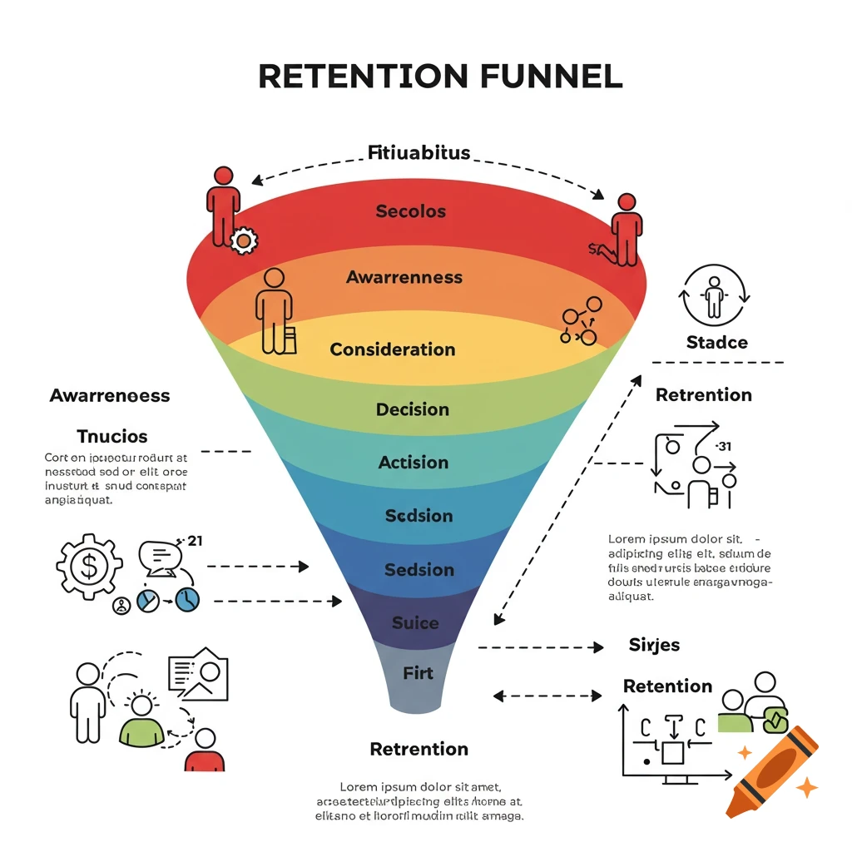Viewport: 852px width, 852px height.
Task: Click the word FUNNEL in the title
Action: click(552, 76)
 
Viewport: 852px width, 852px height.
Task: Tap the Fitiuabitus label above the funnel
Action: click(419, 153)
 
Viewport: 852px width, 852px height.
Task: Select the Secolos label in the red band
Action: click(411, 211)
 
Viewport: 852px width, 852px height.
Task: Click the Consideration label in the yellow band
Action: click(393, 349)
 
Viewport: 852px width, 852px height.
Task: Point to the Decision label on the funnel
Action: click(413, 409)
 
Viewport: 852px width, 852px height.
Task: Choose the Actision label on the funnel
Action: click(414, 463)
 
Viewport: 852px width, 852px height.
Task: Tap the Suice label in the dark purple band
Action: click(415, 623)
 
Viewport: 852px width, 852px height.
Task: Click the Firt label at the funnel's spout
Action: click(418, 672)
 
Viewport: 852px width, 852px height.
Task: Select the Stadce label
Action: click(716, 342)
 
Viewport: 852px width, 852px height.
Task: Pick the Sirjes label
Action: click(654, 645)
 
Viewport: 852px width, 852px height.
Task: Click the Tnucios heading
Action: click(111, 436)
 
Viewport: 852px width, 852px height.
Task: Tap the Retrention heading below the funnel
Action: click(419, 749)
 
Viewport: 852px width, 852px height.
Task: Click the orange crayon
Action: click(771, 770)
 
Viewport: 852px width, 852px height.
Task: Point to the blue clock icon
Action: click(188, 598)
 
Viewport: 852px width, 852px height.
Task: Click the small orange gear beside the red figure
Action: click(244, 240)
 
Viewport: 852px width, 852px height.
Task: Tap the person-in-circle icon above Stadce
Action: click(715, 295)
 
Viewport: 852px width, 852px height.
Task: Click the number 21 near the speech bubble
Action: click(196, 541)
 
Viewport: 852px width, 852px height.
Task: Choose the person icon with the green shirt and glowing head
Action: click(142, 722)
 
